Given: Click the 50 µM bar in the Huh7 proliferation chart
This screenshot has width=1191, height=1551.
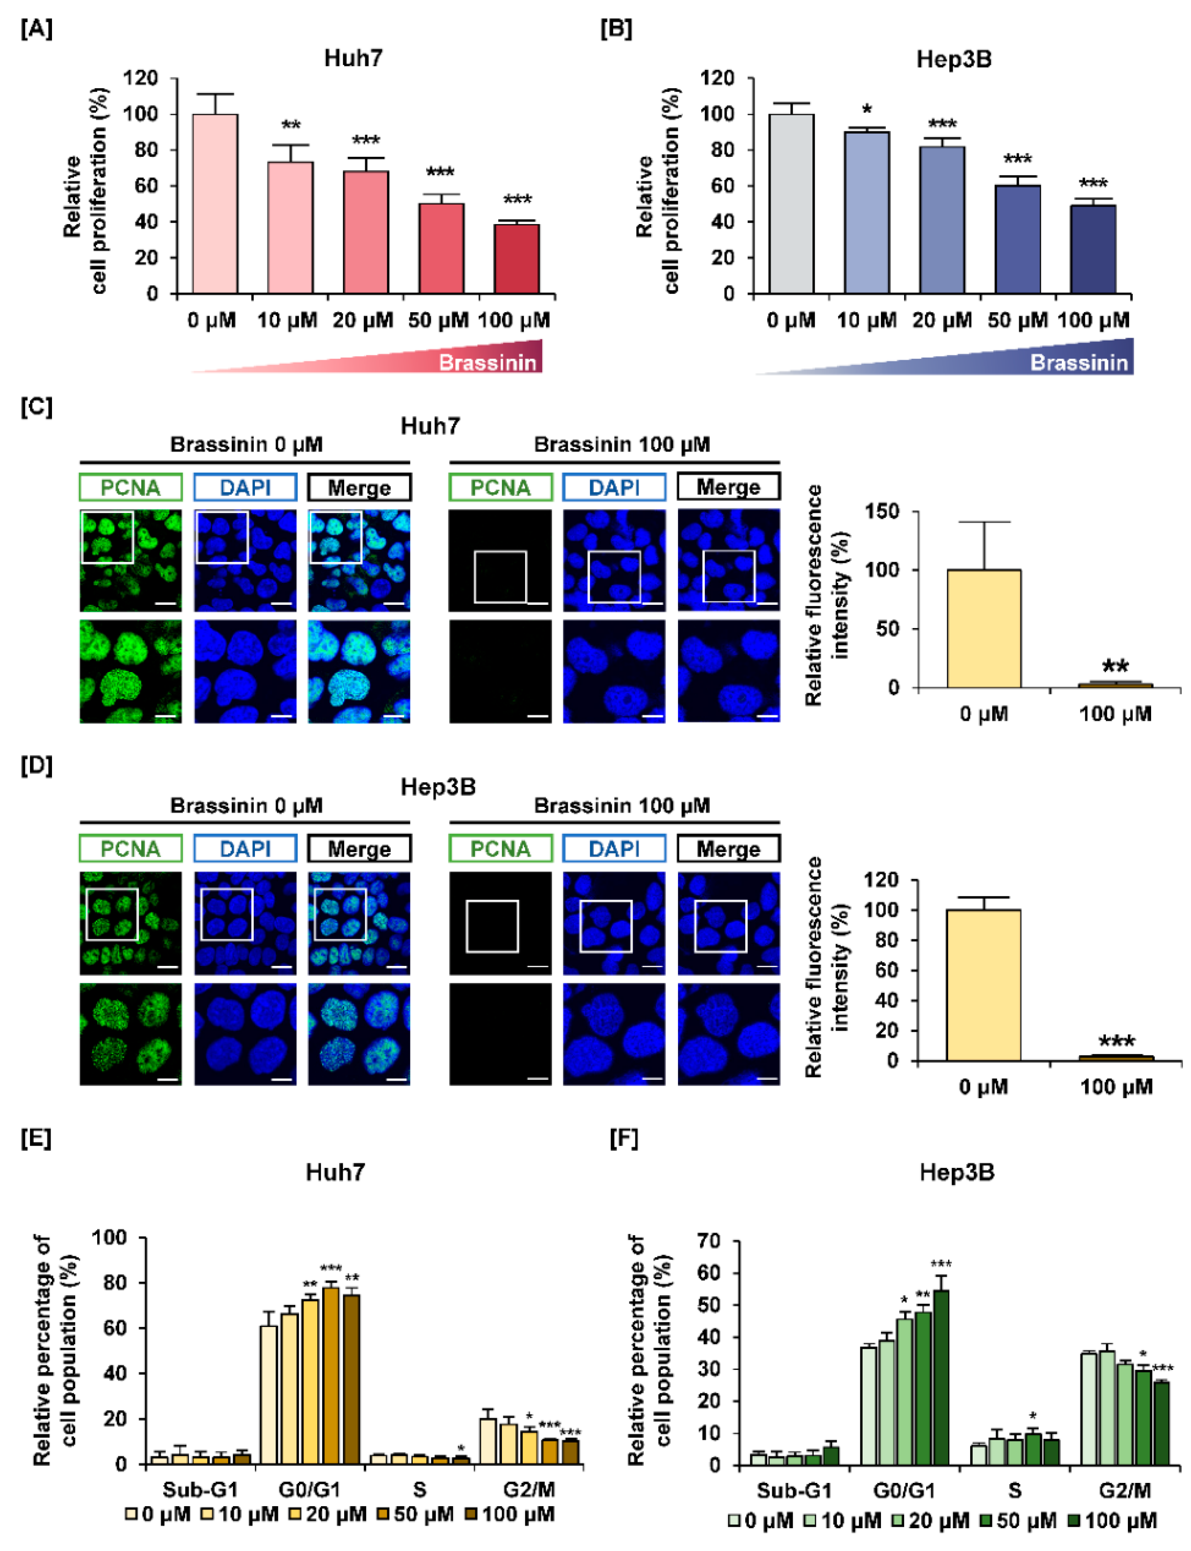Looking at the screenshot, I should click(441, 248).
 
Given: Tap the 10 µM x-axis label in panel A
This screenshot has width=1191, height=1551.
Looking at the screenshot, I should click(287, 320).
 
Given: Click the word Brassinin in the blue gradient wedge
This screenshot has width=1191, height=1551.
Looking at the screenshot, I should click(1078, 363).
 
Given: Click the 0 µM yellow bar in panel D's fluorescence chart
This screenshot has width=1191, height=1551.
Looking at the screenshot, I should click(984, 985).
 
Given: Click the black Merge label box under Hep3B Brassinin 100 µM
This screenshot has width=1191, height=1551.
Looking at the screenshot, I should click(728, 849).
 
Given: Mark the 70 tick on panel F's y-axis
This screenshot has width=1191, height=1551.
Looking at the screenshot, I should click(709, 1241).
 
